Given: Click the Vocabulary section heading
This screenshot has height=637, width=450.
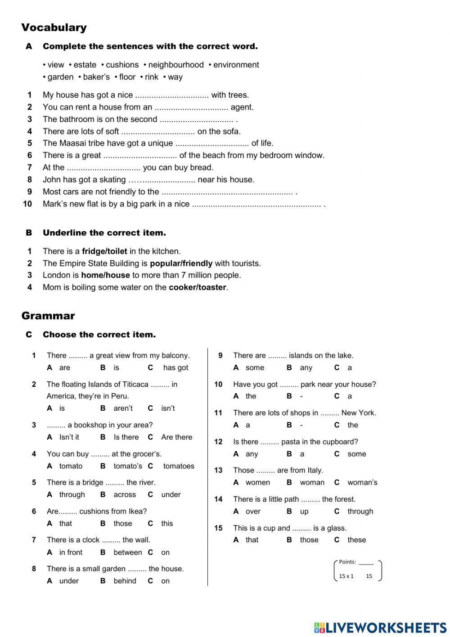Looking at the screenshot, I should coord(54,27).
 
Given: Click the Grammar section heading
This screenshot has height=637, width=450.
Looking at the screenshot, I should coord(48,316).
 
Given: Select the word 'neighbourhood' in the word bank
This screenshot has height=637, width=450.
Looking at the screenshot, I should coord(175,65).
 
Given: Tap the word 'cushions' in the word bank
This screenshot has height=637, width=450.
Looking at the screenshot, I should coord(122,65).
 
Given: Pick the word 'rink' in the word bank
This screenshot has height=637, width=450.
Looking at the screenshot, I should coord(151,77).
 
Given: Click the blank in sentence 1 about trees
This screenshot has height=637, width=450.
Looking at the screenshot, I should coord(172,95).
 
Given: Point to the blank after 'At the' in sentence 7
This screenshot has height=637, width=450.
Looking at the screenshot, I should coord(103,168).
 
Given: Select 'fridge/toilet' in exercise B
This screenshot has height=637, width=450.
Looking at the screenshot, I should coord(104,252).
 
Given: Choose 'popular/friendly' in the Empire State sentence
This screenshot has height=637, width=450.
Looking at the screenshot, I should coord(181,264).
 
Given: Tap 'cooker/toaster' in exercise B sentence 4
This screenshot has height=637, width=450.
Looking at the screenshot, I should coord(197,288).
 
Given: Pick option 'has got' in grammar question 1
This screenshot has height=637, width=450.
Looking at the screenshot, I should coord(175,368).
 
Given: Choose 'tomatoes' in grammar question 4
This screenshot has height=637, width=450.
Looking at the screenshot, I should coord(179,466).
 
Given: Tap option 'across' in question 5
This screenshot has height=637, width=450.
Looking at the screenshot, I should coord(125,495).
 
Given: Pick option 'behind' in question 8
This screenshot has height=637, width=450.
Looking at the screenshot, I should coord(125,581).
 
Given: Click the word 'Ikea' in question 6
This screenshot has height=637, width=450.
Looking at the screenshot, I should coord(138,511).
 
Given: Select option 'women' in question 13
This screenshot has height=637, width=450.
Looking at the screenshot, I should coord(258,482).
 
